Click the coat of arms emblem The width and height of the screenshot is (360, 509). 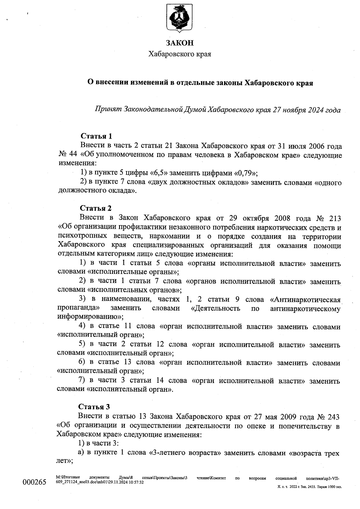(x=180, y=19)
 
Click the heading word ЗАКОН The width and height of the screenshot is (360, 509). (x=180, y=43)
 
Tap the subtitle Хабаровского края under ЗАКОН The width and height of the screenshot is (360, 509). (x=180, y=54)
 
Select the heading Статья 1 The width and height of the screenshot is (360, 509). (x=96, y=136)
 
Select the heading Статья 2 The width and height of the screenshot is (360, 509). (x=96, y=208)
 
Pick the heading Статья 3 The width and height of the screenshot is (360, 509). (x=94, y=407)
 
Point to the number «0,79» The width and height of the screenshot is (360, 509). (x=245, y=173)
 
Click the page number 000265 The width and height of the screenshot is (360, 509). (x=34, y=482)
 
